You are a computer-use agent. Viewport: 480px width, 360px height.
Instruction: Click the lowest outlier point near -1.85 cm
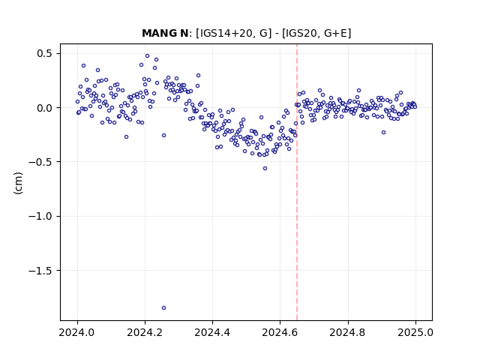click(x=163, y=308)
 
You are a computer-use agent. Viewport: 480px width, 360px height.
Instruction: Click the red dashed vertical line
click(x=297, y=182)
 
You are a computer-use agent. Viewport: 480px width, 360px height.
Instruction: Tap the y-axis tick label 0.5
click(x=45, y=53)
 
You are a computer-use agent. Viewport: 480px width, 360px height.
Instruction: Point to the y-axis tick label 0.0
click(x=45, y=108)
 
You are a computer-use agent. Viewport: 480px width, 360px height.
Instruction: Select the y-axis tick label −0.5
click(x=41, y=162)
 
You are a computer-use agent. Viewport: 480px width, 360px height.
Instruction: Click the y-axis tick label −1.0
click(x=41, y=216)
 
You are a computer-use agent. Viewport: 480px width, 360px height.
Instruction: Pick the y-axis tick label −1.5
click(x=41, y=270)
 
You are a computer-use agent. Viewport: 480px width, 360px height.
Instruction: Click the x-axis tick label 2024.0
click(x=77, y=332)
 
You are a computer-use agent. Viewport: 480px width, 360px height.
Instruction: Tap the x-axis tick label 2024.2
click(x=145, y=332)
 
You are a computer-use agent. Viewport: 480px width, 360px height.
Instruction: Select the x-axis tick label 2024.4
click(x=212, y=332)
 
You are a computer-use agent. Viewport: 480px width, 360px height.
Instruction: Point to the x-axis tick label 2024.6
click(x=280, y=332)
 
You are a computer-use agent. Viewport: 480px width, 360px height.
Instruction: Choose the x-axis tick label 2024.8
click(x=348, y=332)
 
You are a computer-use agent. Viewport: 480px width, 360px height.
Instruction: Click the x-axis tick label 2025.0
click(x=415, y=332)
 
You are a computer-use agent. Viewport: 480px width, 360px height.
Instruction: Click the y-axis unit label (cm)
click(x=18, y=183)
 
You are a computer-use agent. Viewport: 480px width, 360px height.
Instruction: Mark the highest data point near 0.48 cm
click(x=147, y=56)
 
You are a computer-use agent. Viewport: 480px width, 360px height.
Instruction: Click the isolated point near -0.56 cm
click(x=265, y=168)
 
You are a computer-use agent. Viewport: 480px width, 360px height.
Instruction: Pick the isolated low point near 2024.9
click(x=383, y=133)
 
